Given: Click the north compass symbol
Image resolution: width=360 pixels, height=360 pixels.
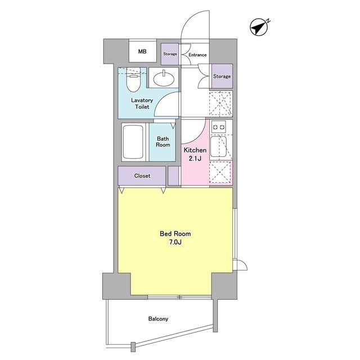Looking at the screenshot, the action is pyautogui.click(x=259, y=28).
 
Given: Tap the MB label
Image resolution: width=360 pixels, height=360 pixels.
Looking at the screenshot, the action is pyautogui.click(x=142, y=51).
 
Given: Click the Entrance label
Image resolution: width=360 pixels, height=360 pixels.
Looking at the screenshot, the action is pyautogui.click(x=197, y=55).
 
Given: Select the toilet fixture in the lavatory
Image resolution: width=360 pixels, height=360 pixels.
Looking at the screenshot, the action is pyautogui.click(x=133, y=81).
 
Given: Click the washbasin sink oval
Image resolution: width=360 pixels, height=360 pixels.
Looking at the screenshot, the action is pyautogui.click(x=163, y=79).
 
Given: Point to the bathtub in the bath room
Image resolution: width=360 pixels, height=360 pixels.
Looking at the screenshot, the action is pyautogui.click(x=133, y=142).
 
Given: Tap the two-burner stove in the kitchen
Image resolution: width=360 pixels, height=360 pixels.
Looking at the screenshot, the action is pyautogui.click(x=219, y=127).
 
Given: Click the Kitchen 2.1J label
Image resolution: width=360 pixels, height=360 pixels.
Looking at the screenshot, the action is pyautogui.click(x=195, y=154).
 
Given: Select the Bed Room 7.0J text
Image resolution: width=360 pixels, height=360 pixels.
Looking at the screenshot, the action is pyautogui.click(x=175, y=238).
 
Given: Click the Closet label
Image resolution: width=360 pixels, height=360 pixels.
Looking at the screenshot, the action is pyautogui.click(x=142, y=176).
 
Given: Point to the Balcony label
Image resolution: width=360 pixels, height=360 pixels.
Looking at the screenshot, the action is pyautogui.click(x=158, y=319).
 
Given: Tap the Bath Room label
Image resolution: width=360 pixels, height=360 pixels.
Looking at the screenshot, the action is pyautogui.click(x=163, y=142).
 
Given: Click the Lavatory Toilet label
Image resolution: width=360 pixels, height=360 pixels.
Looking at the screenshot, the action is pyautogui.click(x=142, y=103).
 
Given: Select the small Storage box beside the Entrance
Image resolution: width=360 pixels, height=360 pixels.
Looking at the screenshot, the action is pyautogui.click(x=170, y=54).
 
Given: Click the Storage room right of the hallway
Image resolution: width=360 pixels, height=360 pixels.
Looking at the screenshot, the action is pyautogui.click(x=222, y=76).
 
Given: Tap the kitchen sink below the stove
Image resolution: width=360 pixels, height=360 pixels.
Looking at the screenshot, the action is pyautogui.click(x=219, y=146).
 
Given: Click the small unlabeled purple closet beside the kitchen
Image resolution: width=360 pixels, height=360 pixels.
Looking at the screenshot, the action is pyautogui.click(x=173, y=175).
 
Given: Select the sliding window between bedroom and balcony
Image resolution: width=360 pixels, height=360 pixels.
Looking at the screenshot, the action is pyautogui.click(x=179, y=298).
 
